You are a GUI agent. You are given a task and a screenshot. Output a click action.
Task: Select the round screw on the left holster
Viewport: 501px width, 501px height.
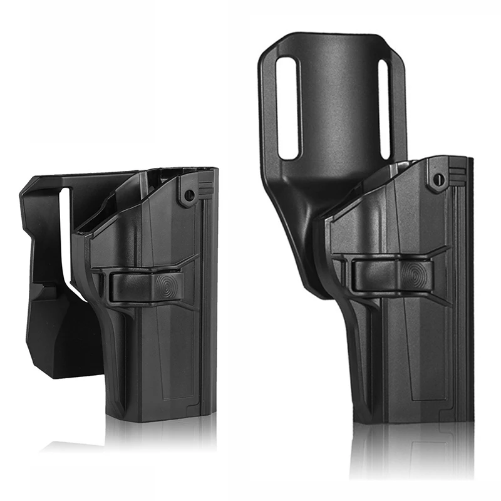[x=187, y=195]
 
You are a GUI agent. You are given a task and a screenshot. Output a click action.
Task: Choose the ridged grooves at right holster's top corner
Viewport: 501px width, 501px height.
[x=457, y=170]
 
